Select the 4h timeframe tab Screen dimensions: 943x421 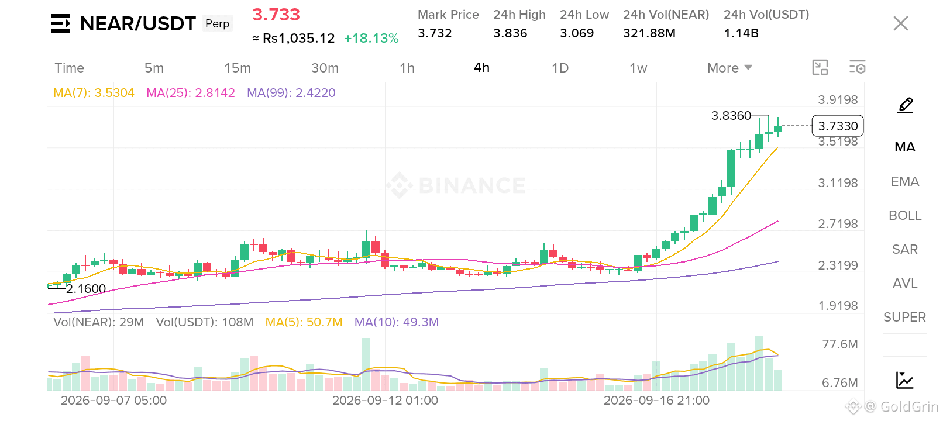point(481,68)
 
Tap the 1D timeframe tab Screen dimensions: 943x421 point(560,68)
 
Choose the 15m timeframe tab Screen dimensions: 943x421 point(238,68)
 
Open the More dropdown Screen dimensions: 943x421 point(729,68)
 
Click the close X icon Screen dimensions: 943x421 point(901,23)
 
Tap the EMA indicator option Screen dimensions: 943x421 point(905,181)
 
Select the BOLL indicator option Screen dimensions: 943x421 point(905,215)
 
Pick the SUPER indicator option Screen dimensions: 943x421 point(905,317)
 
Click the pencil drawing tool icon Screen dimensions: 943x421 point(905,105)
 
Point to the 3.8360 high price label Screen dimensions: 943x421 point(731,115)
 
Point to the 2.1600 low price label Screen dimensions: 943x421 point(86,288)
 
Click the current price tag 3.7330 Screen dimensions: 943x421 point(838,126)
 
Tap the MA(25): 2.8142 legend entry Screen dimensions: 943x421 point(190,92)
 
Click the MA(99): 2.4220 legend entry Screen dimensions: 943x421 point(291,92)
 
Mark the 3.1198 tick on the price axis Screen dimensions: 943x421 point(838,182)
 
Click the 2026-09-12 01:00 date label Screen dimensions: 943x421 point(385,401)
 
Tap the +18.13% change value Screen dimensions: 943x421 point(371,39)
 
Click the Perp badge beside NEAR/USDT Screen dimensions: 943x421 point(217,23)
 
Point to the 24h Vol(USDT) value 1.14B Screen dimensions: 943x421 point(741,33)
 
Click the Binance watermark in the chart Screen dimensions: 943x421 point(456,185)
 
